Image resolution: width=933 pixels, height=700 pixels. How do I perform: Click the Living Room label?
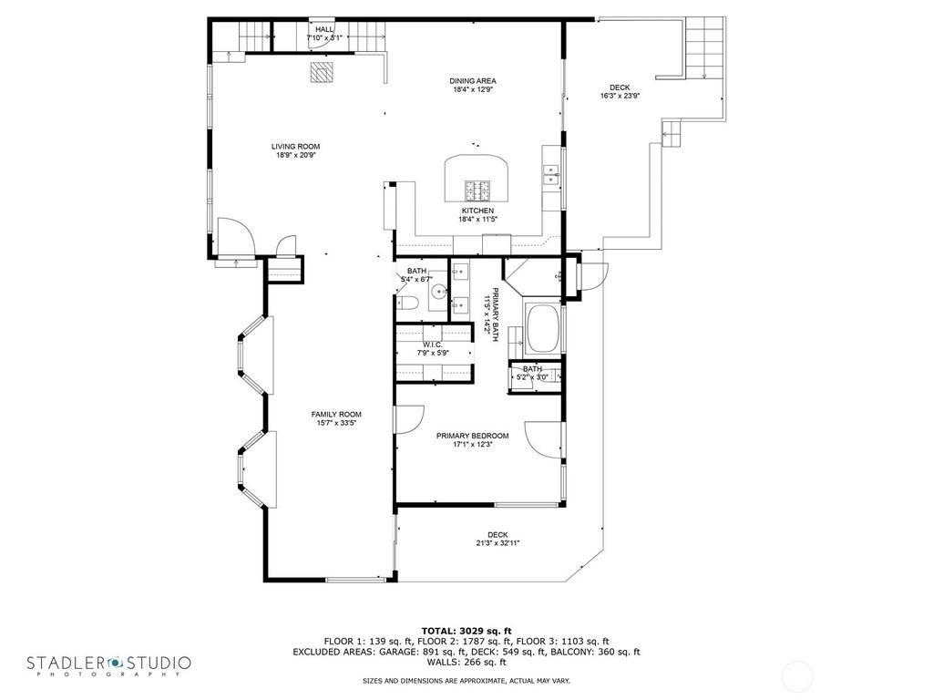point(296,147)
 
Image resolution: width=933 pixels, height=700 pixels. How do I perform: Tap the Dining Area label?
point(473,81)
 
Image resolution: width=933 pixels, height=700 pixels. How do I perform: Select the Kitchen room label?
point(477,211)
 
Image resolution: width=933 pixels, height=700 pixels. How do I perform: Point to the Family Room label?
point(336,415)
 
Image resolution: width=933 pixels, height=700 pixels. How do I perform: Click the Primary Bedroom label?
point(473,436)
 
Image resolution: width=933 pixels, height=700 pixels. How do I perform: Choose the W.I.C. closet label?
point(433,345)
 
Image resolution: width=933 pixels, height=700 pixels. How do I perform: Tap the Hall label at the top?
point(324,29)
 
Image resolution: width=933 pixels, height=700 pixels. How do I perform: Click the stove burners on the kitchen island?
point(477,190)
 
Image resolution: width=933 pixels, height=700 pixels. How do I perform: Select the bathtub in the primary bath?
point(544,328)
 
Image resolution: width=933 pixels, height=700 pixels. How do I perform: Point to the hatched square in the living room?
point(322,71)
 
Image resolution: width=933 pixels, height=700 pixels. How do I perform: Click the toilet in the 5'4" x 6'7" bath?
point(407,304)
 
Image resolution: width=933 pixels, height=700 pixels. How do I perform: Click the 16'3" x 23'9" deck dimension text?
point(620,95)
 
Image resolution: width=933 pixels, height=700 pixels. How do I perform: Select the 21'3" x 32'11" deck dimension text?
point(498,543)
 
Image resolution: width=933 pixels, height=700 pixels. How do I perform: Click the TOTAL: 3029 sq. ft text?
point(466,631)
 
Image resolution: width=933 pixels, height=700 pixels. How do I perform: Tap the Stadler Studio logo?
point(108,665)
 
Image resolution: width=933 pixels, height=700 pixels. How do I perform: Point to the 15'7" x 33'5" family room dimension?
point(336,423)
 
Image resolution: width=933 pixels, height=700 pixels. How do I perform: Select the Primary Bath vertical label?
point(490,314)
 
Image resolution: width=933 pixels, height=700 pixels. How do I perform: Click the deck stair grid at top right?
point(704,47)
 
